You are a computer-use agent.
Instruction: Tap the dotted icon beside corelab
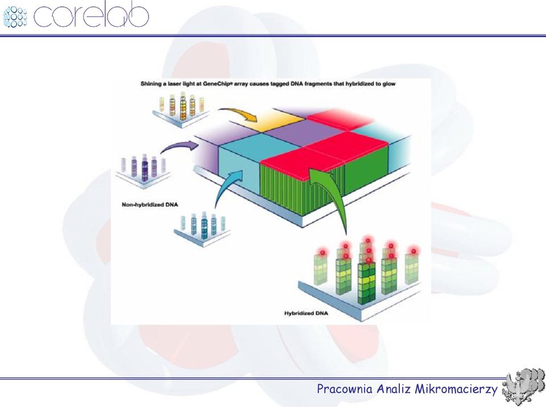15,17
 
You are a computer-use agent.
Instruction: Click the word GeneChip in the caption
217,84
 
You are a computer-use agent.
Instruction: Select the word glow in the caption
389,84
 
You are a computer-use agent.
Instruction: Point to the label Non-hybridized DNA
150,204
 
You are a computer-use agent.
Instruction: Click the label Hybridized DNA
306,313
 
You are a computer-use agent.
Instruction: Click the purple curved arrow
177,146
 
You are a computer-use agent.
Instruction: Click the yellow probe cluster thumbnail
181,108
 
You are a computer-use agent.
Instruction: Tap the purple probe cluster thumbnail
143,169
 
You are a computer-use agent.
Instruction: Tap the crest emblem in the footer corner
523,387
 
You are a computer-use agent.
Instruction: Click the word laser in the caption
175,84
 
